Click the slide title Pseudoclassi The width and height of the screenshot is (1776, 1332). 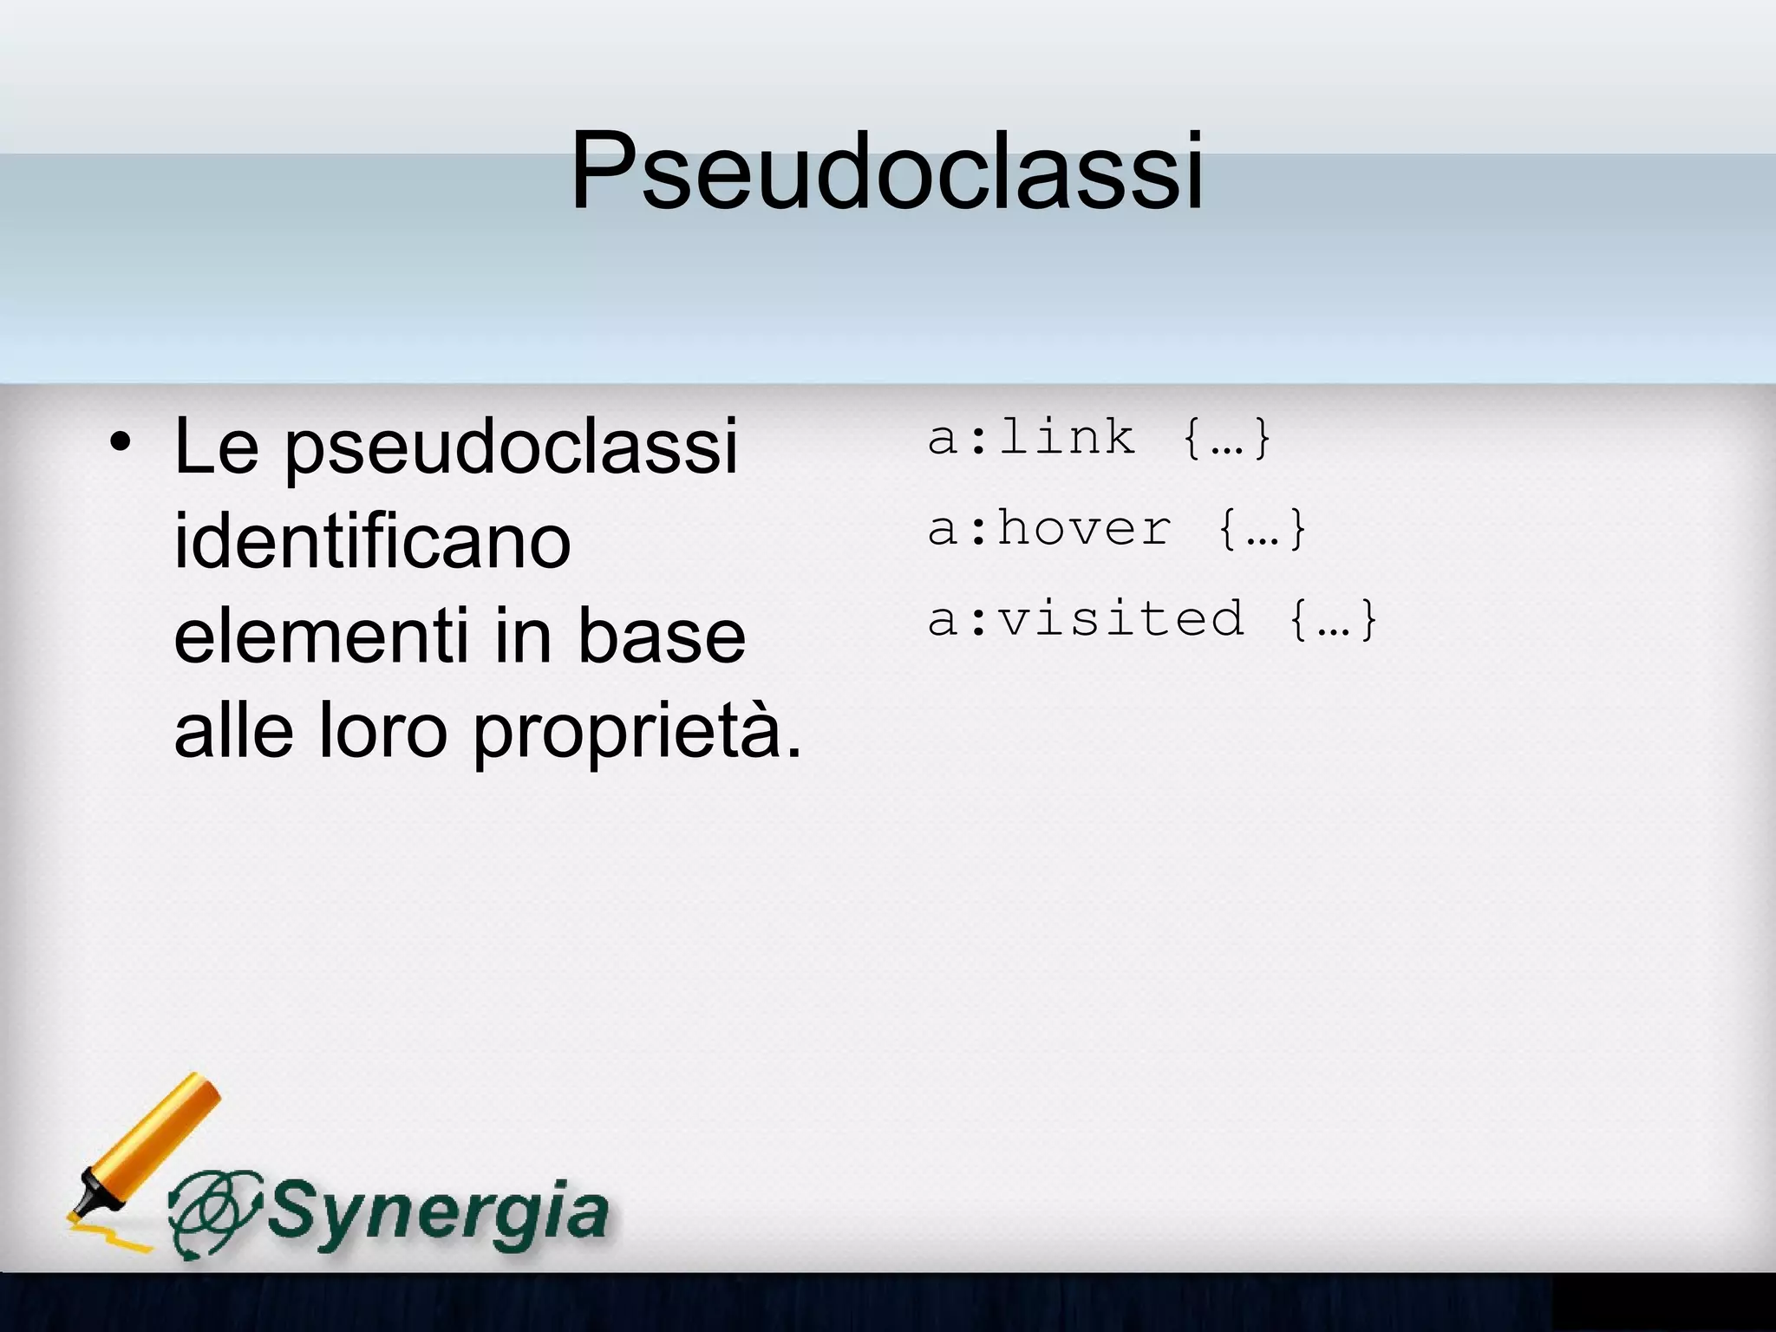pyautogui.click(x=886, y=170)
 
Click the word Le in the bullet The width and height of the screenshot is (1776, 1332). pyautogui.click(x=216, y=447)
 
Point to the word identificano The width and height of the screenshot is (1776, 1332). pyautogui.click(x=372, y=541)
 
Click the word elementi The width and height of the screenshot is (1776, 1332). pyautogui.click(x=320, y=637)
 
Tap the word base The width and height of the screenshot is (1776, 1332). pyautogui.click(x=661, y=637)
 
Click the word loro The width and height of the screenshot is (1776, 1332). pyautogui.click(x=382, y=730)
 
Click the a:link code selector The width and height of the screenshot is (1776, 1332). pyautogui.click(x=1031, y=438)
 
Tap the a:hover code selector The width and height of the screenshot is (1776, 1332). pyautogui.click(x=1049, y=529)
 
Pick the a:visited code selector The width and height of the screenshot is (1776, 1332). pyautogui.click(x=1086, y=619)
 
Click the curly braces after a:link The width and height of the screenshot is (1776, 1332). pyautogui.click(x=1226, y=439)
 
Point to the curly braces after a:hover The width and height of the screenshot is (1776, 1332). pyautogui.click(x=1262, y=530)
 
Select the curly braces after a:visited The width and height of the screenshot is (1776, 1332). pyautogui.click(x=1334, y=620)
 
